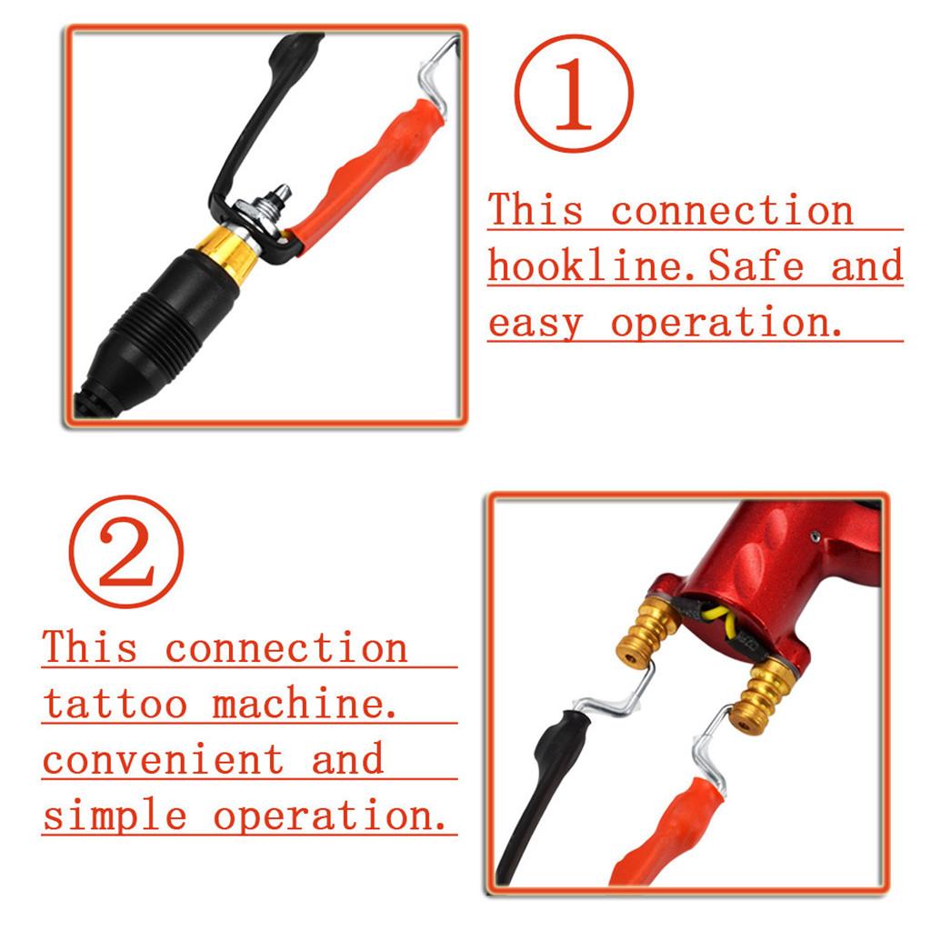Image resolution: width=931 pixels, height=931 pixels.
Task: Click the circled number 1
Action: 574,94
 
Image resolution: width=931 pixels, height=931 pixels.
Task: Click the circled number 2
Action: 126,552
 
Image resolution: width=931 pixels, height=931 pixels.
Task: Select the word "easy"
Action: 535,325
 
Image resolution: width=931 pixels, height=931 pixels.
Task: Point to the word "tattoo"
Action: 115,704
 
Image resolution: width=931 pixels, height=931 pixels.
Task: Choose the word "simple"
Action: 115,816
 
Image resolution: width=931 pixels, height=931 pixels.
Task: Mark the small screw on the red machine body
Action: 816,536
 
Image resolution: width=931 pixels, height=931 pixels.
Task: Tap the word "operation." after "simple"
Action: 329,816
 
